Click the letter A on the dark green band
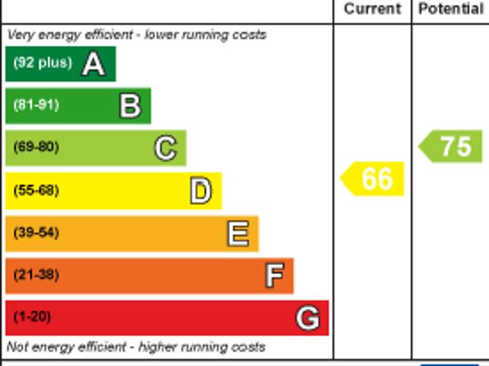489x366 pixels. (93, 64)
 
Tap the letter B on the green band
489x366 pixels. (130, 106)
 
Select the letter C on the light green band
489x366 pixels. (165, 148)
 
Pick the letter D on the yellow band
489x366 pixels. (200, 191)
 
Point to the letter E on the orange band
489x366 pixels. (238, 233)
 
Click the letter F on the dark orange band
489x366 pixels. (274, 275)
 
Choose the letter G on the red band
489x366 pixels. (308, 317)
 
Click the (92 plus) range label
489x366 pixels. (42, 63)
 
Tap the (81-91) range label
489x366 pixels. (36, 105)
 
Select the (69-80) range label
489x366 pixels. (36, 147)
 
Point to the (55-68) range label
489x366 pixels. (36, 190)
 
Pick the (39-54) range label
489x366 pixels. (36, 232)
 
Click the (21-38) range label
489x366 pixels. (36, 274)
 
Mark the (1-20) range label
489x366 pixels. (32, 316)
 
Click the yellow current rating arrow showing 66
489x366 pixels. (373, 179)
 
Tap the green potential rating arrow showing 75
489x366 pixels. (452, 146)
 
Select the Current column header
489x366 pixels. (372, 9)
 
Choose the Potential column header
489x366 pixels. (451, 9)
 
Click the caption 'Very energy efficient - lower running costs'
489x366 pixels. (137, 34)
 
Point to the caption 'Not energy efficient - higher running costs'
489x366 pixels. (136, 347)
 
